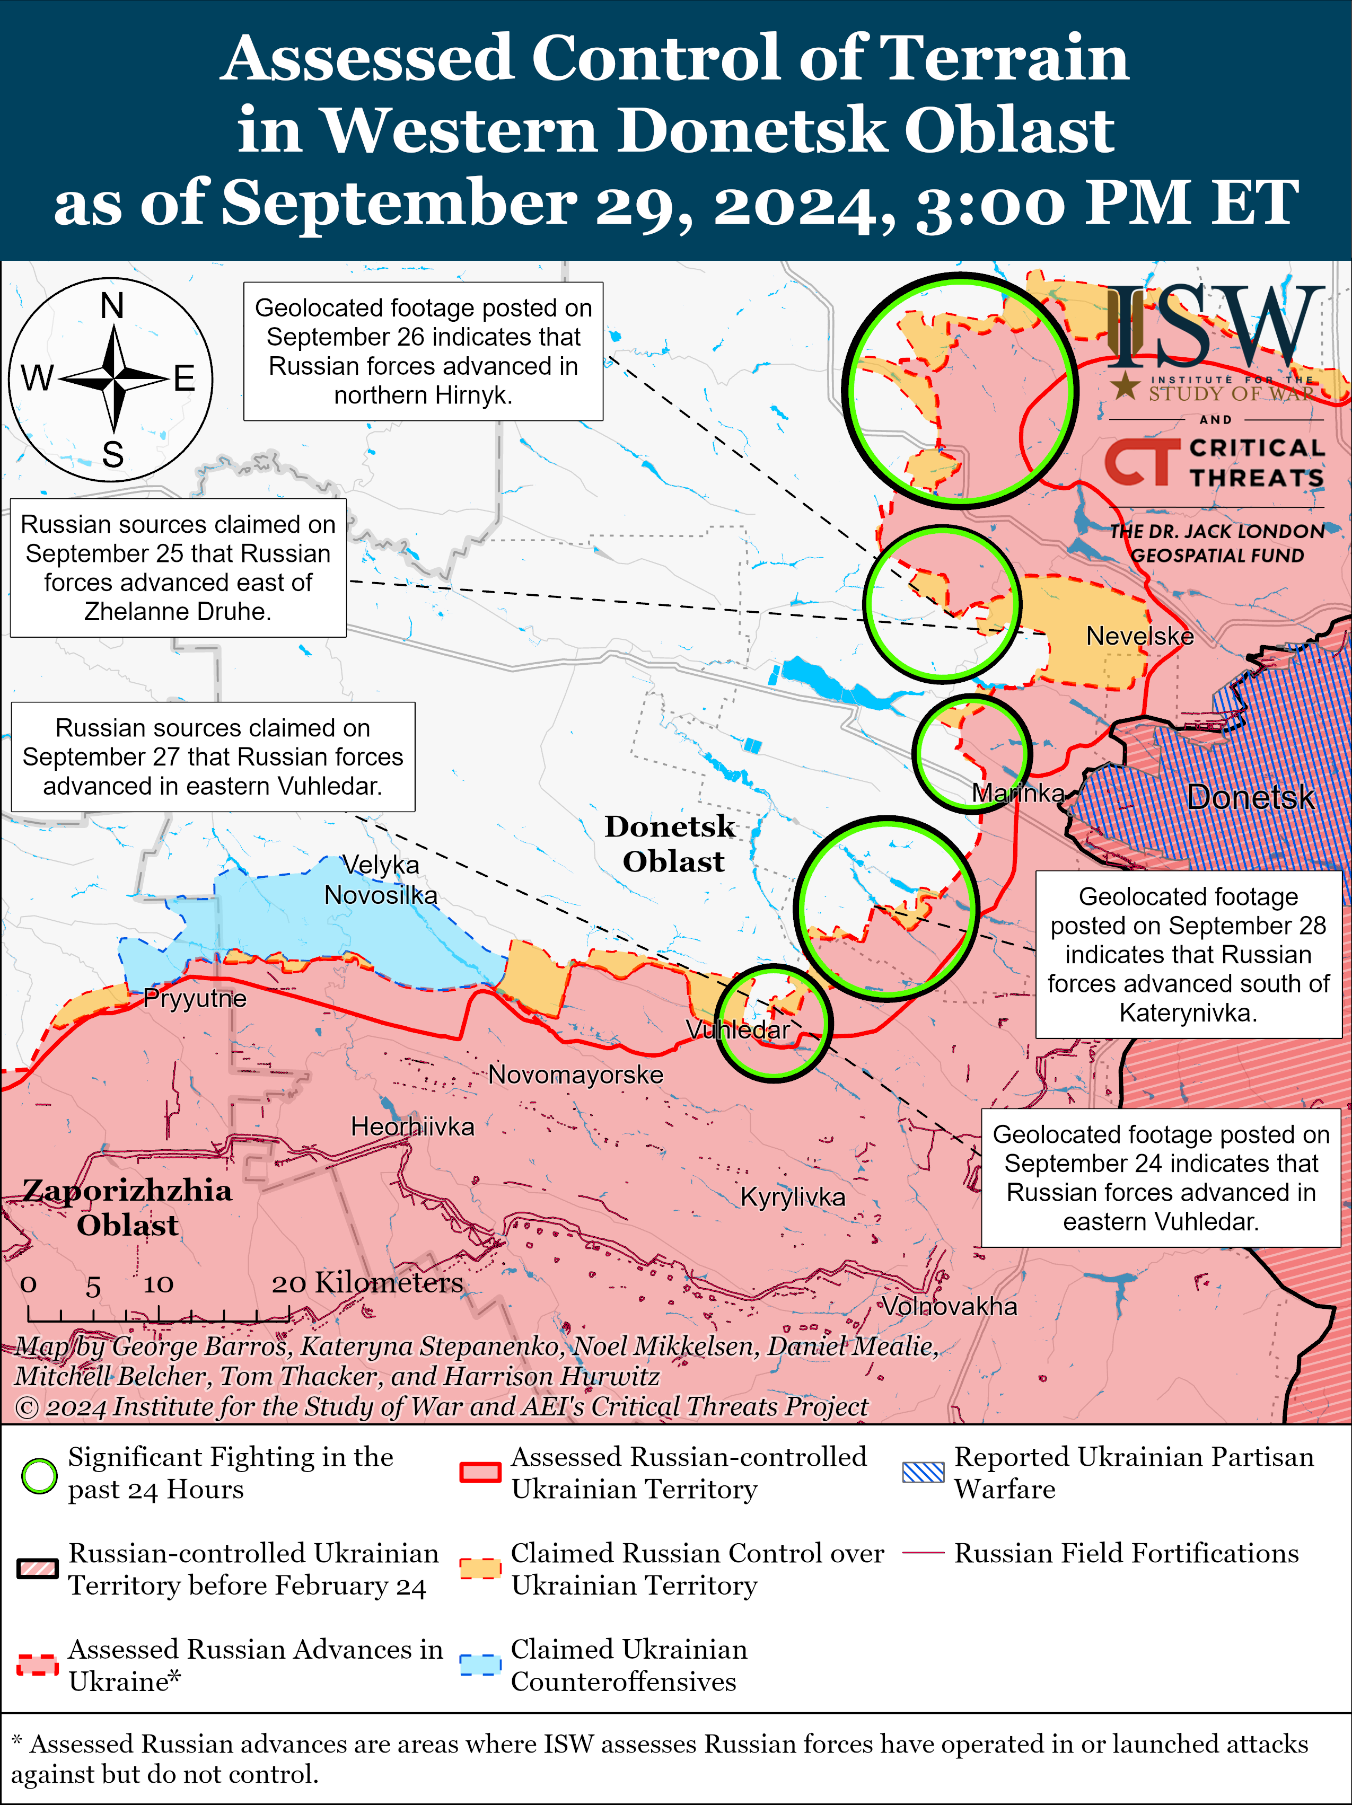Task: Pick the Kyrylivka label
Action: click(x=792, y=1197)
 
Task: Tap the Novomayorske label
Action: click(x=575, y=1075)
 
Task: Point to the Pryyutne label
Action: click(x=194, y=999)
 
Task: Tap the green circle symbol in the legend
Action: click(x=38, y=1475)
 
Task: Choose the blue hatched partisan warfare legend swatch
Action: click(x=923, y=1473)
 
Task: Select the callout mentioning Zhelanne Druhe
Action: click(x=178, y=568)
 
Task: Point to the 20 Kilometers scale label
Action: click(x=367, y=1283)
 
